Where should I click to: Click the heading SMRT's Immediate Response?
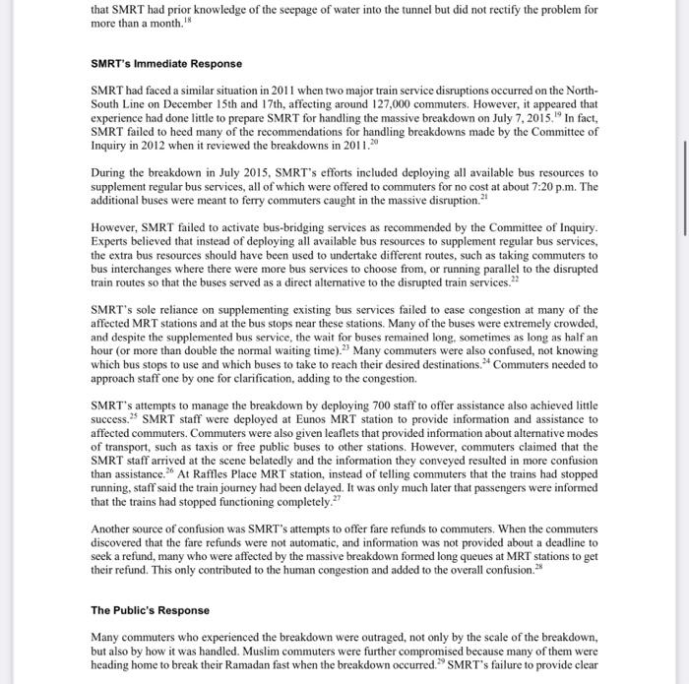165,64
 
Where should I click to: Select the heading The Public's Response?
151,610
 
